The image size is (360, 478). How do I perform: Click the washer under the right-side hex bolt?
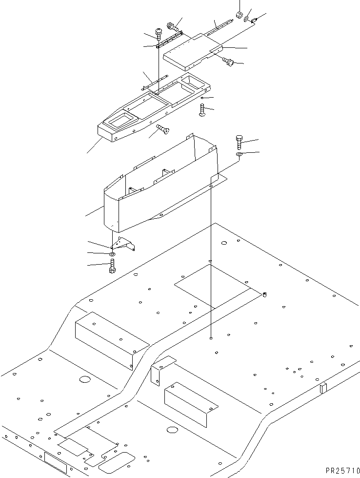tap(239, 155)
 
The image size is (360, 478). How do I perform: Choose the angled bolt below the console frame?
tap(161, 129)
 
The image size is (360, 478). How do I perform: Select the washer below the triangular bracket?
tap(112, 254)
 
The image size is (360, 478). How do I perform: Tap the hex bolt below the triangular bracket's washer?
tap(112, 266)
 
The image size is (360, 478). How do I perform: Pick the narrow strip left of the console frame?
tap(154, 83)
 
